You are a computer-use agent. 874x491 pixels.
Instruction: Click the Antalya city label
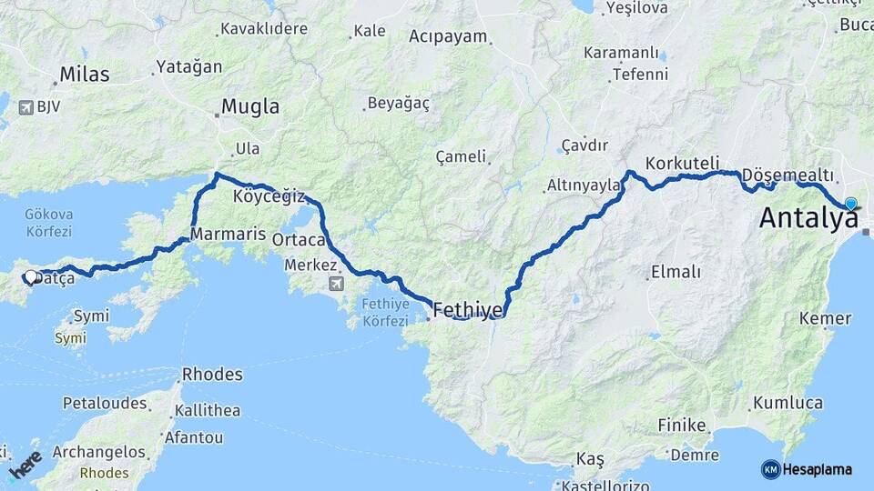[808, 219]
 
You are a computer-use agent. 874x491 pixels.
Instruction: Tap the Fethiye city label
[468, 310]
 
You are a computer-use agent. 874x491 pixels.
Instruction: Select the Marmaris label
[227, 232]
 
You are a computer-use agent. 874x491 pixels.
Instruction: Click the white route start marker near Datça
[30, 276]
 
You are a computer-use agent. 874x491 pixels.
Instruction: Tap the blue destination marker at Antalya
[850, 205]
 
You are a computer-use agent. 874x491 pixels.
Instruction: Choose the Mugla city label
[250, 107]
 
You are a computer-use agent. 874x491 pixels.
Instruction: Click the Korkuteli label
[682, 164]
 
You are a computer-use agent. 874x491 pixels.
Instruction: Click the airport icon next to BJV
[24, 107]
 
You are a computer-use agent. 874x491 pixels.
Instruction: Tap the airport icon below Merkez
[336, 284]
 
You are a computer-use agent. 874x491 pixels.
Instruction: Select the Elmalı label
[676, 272]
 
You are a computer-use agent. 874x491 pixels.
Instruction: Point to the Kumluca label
[788, 403]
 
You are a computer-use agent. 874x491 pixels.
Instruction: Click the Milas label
[84, 75]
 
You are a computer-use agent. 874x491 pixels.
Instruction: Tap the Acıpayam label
[448, 37]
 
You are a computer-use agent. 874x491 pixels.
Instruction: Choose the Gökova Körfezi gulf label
[49, 223]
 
